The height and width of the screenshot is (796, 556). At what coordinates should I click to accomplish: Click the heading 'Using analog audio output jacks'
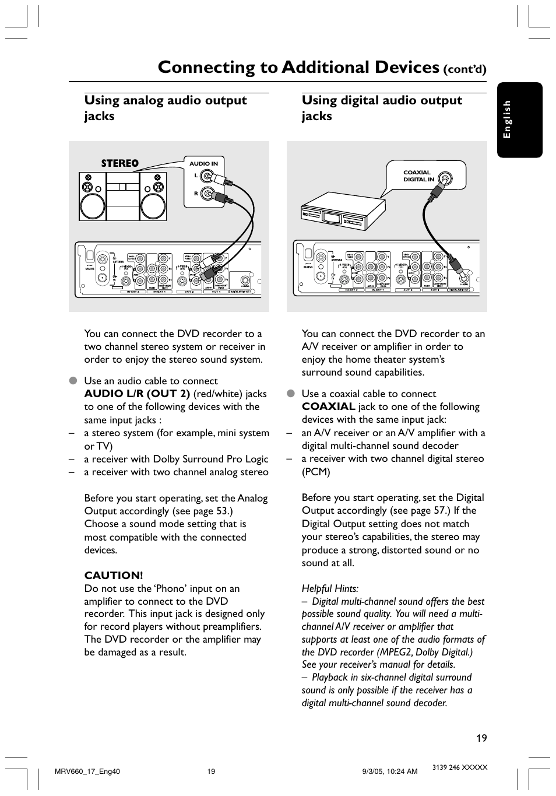coord(166,108)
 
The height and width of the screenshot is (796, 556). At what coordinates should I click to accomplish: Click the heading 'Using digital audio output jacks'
coord(382,108)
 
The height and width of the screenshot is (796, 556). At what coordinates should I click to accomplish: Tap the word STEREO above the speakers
coord(120,163)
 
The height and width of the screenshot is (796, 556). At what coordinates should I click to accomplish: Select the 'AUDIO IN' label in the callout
coord(203,164)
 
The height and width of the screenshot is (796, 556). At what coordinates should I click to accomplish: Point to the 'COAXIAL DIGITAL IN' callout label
coord(418,176)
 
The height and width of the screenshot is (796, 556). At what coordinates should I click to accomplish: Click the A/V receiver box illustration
coord(342,214)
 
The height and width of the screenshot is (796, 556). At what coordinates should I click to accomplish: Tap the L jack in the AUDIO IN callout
coord(206,176)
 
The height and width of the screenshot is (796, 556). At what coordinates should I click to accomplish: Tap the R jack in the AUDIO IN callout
coord(206,193)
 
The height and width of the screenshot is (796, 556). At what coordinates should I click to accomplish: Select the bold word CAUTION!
coord(114,576)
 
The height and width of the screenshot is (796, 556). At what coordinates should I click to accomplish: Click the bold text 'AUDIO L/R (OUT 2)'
coord(137,394)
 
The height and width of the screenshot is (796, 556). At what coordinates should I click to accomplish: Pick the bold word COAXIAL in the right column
coord(328,406)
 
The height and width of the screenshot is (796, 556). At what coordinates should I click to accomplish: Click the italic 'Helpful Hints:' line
coord(330,588)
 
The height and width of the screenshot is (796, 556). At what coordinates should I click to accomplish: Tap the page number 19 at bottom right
coord(481,738)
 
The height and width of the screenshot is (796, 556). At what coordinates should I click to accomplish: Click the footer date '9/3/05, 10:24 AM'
coord(389,772)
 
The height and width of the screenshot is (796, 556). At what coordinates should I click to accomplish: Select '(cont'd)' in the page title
coord(464,70)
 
